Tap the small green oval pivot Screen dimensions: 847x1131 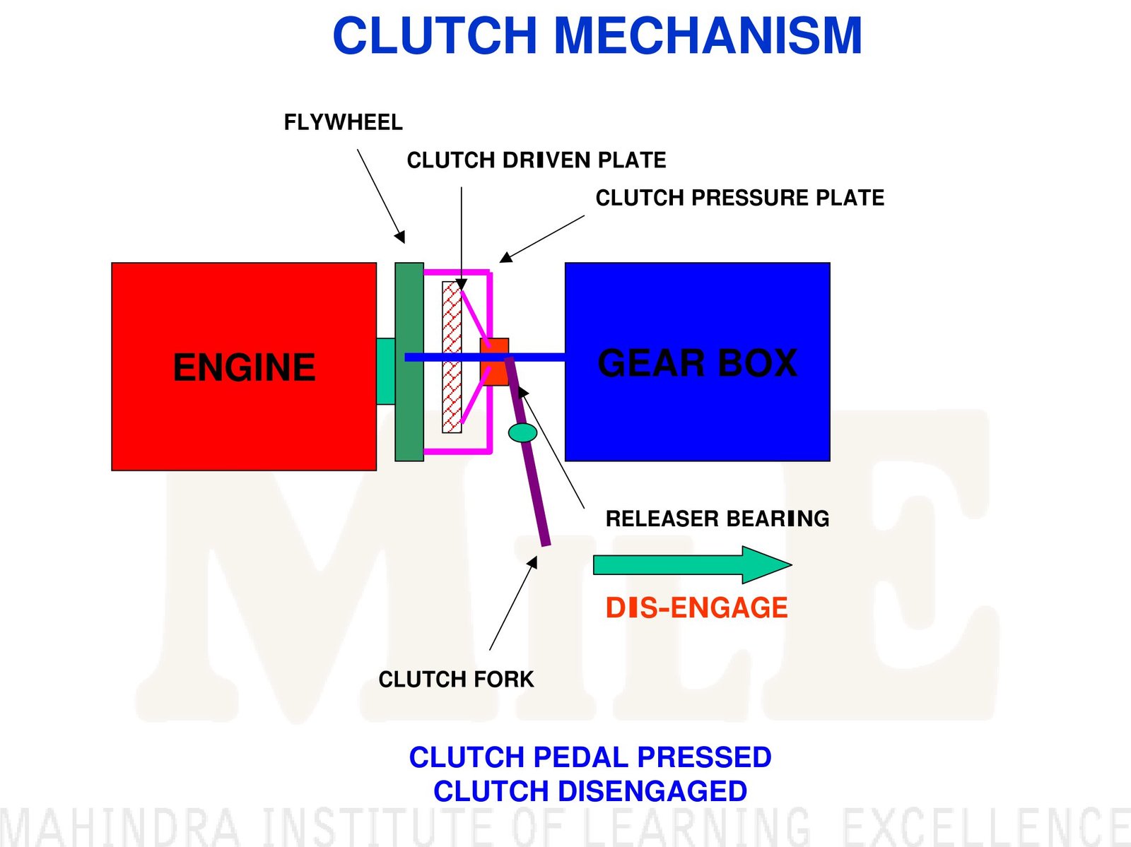523,432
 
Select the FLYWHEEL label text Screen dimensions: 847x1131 343,123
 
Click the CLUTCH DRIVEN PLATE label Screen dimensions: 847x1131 536,160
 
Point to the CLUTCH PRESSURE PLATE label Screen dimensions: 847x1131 739,198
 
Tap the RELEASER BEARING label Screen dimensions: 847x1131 717,519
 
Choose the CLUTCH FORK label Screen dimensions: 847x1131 456,680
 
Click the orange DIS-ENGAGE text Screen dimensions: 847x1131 696,608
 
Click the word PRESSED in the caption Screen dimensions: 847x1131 704,757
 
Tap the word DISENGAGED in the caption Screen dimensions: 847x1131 652,791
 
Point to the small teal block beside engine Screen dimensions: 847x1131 385,372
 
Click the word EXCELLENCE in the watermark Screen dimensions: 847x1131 985,827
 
